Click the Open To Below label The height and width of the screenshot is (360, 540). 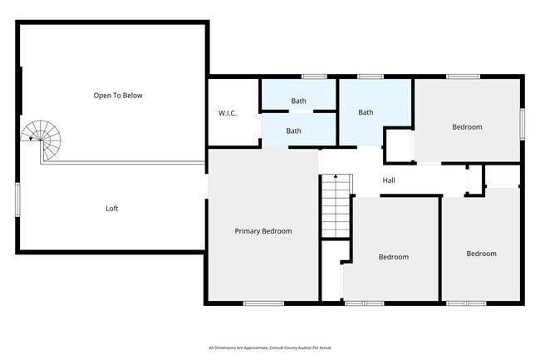click(118, 96)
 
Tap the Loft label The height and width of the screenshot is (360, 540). click(112, 209)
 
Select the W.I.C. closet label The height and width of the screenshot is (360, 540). click(228, 113)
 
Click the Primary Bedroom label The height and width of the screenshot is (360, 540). click(263, 231)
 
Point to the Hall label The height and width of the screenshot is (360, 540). click(389, 180)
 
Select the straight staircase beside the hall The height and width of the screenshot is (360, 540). click(336, 205)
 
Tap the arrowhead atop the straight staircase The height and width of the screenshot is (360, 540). click(336, 176)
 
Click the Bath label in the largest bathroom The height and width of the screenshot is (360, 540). click(366, 112)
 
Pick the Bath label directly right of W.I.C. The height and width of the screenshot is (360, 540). click(293, 131)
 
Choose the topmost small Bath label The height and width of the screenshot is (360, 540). click(298, 101)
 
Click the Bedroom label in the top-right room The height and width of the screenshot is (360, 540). click(467, 127)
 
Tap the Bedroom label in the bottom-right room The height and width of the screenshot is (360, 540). click(482, 254)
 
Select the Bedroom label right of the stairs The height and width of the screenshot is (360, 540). click(394, 257)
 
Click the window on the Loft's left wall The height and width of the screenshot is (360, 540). click(17, 200)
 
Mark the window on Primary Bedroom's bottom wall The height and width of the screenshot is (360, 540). click(263, 303)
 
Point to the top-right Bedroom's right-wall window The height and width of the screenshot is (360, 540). click(523, 124)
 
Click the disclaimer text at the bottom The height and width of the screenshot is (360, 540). click(270, 348)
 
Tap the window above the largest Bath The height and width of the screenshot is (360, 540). click(371, 76)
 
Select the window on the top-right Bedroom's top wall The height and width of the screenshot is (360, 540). click(464, 76)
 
